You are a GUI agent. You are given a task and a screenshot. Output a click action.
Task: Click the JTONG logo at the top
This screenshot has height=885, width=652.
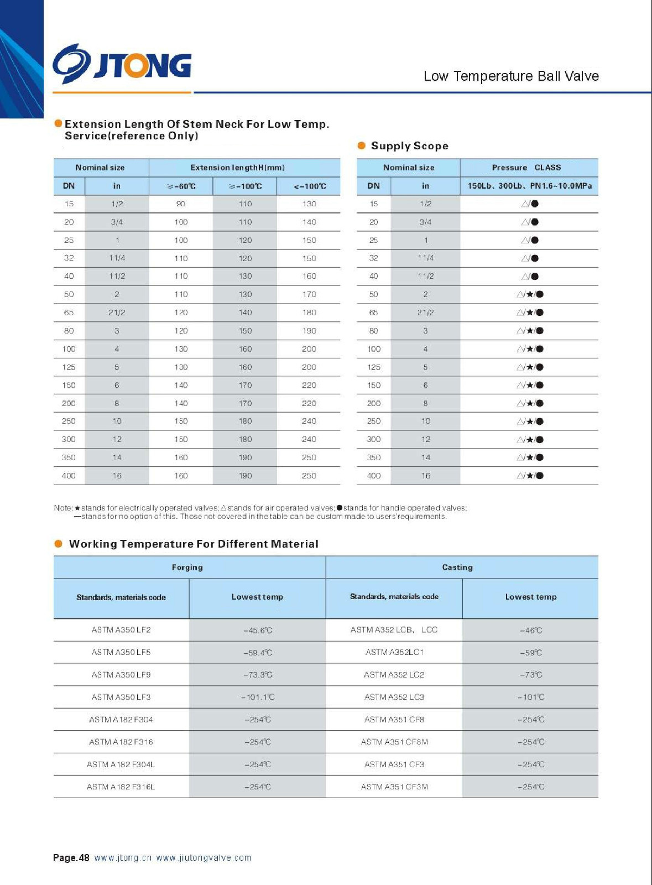122,65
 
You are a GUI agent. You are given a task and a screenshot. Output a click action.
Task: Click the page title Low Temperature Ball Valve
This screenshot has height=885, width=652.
510,76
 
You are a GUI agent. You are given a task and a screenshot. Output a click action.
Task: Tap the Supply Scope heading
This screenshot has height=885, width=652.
409,146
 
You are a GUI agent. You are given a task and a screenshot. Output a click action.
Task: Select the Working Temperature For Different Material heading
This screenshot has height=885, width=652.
194,544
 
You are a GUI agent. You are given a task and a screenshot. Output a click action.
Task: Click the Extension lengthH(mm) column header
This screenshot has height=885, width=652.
237,168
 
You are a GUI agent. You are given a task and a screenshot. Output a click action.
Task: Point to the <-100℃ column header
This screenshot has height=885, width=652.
309,186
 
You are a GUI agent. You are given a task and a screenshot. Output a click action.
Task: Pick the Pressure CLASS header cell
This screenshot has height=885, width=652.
526,168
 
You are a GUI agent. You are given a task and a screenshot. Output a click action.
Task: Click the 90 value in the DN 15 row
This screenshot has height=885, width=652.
181,204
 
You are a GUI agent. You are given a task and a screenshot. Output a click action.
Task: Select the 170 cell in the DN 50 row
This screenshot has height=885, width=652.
309,295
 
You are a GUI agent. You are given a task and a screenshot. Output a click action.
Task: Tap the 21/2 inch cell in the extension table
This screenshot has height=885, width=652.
117,313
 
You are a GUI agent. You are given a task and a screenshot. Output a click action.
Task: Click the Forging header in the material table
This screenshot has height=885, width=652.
187,568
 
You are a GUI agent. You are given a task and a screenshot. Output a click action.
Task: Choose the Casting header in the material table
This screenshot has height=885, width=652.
457,568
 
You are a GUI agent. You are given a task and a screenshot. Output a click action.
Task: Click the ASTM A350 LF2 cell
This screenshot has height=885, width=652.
121,630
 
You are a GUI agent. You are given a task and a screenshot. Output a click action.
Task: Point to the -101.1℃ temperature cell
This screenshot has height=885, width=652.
258,697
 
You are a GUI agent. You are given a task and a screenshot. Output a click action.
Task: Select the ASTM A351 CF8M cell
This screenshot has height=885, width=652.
394,742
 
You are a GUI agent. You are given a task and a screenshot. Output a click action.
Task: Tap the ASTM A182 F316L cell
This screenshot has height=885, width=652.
121,787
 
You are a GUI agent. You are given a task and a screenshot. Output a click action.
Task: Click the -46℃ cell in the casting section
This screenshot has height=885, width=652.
531,630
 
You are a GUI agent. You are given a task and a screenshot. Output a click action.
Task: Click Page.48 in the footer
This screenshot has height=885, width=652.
71,858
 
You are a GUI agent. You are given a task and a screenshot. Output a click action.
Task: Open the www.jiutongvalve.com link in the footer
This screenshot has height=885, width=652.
204,858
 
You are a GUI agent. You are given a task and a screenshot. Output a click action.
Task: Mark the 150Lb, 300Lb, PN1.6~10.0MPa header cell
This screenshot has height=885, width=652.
529,186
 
